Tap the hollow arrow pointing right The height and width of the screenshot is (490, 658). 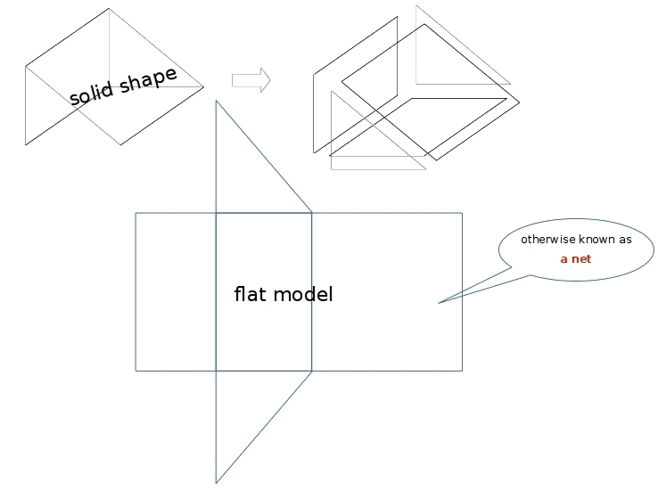click(251, 80)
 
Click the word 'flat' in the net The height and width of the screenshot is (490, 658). click(251, 294)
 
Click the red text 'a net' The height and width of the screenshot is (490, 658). click(575, 259)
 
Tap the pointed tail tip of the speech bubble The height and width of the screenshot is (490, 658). click(439, 303)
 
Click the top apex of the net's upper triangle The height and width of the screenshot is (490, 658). click(216, 102)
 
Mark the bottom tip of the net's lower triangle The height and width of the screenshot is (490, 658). click(216, 482)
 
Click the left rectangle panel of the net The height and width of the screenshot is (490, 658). click(176, 291)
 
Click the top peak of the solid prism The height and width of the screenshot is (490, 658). click(109, 9)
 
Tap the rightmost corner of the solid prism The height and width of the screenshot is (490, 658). click(203, 86)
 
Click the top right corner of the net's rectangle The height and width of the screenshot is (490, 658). click(462, 213)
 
